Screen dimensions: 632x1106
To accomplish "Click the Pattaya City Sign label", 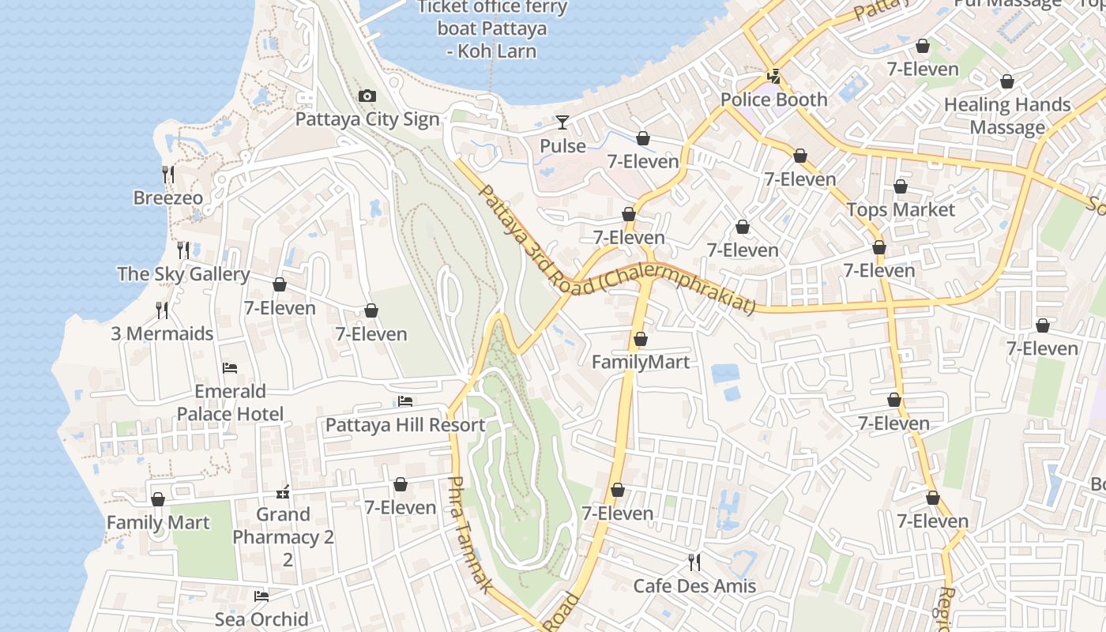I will click(x=367, y=119).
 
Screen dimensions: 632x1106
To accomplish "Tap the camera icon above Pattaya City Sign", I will click(x=367, y=96).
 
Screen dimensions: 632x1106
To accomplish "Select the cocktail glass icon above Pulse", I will click(x=562, y=122).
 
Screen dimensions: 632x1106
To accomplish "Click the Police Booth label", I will click(x=773, y=100).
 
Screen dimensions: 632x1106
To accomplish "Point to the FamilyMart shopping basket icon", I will click(x=641, y=339).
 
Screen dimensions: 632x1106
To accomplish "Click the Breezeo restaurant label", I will click(x=167, y=197).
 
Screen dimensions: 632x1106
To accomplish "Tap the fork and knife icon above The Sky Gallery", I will click(x=183, y=250).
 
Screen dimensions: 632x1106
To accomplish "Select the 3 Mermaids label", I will click(x=162, y=333).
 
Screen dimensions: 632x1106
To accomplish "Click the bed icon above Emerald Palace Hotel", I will click(x=230, y=368).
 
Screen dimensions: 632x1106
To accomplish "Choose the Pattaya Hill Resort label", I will click(x=405, y=425).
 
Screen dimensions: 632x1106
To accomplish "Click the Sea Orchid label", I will click(x=261, y=619).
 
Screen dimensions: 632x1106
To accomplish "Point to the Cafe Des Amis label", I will click(x=694, y=586).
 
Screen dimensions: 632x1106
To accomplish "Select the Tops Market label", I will click(x=901, y=209).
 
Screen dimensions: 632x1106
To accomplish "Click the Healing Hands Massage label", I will click(x=1007, y=115).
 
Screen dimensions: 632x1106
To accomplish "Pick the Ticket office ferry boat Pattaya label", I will click(x=492, y=29).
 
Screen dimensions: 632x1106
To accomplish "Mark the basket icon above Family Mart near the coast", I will click(x=158, y=499).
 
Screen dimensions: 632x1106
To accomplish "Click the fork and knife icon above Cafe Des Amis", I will click(x=694, y=562).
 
